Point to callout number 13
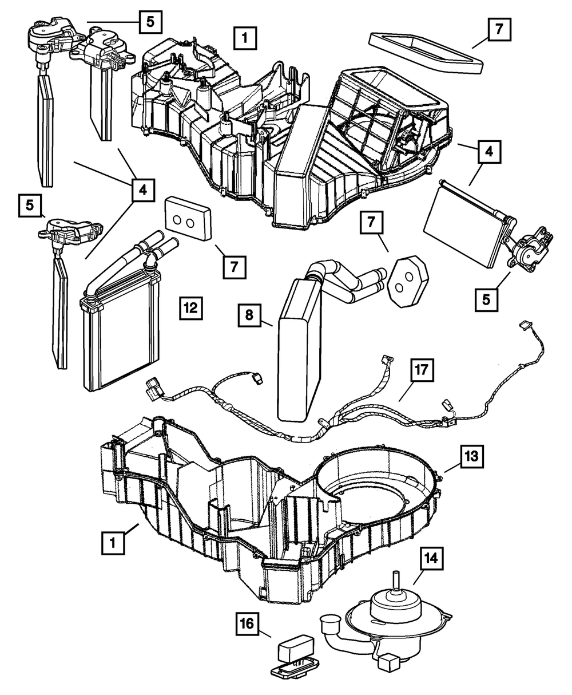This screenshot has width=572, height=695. [472, 459]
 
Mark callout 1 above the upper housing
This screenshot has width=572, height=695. [245, 40]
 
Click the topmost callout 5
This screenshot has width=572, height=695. [150, 23]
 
